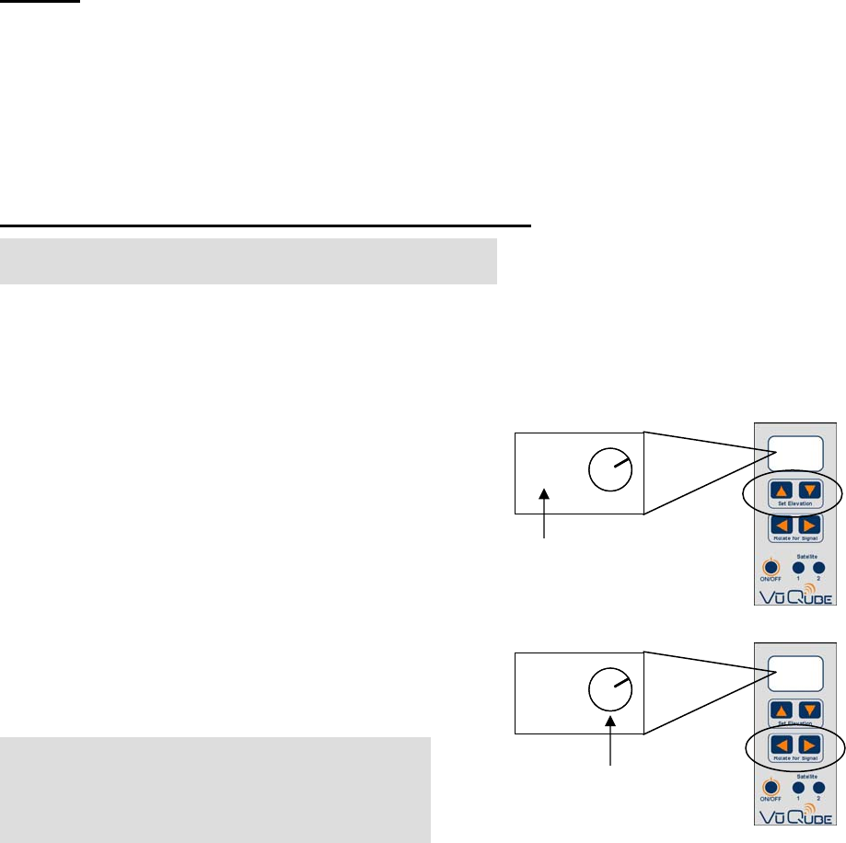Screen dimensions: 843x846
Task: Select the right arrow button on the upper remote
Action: pos(807,529)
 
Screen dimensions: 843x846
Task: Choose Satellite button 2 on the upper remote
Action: pos(818,567)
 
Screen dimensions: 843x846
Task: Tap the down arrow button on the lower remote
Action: pos(807,710)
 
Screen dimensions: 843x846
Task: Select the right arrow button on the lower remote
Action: pos(807,747)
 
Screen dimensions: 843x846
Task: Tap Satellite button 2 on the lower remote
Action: pos(818,788)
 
